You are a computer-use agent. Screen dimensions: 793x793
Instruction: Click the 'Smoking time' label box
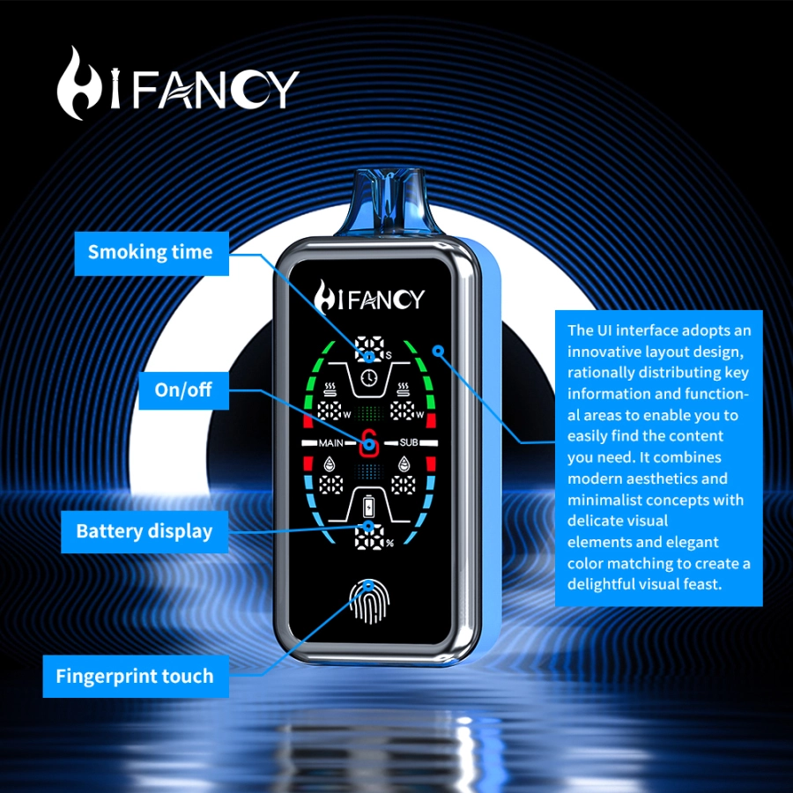click(x=150, y=252)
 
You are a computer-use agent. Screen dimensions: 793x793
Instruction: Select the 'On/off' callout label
click(x=183, y=389)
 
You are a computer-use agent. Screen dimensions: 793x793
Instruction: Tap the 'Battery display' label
click(x=144, y=531)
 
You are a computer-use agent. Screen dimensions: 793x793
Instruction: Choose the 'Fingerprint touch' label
click(x=134, y=677)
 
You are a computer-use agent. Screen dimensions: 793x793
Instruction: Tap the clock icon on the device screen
click(x=369, y=376)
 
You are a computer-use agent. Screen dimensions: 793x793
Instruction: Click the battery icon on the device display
click(x=369, y=508)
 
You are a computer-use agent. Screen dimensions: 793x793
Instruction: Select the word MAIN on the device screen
click(x=331, y=442)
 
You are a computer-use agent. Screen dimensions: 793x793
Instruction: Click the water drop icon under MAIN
click(x=330, y=464)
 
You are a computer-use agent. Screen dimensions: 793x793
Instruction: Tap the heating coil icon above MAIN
click(x=330, y=389)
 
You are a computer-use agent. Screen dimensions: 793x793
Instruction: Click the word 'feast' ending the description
click(x=702, y=584)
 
